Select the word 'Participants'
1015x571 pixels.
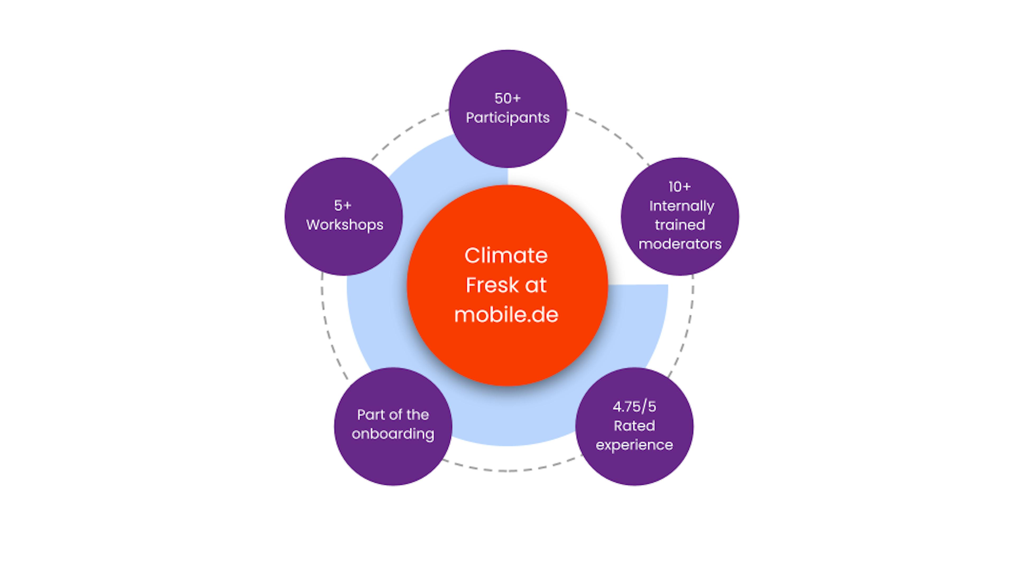click(x=508, y=117)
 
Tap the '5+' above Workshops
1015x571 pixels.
click(x=342, y=205)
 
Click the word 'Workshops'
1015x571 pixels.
click(x=345, y=225)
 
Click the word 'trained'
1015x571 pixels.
click(x=680, y=225)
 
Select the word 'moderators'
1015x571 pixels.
click(x=680, y=244)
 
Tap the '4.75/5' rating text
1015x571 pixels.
click(x=634, y=406)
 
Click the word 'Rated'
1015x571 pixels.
click(x=634, y=426)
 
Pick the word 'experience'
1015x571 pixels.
click(x=634, y=445)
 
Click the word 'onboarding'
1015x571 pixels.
click(x=393, y=434)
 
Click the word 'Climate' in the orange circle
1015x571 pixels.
click(x=506, y=255)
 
